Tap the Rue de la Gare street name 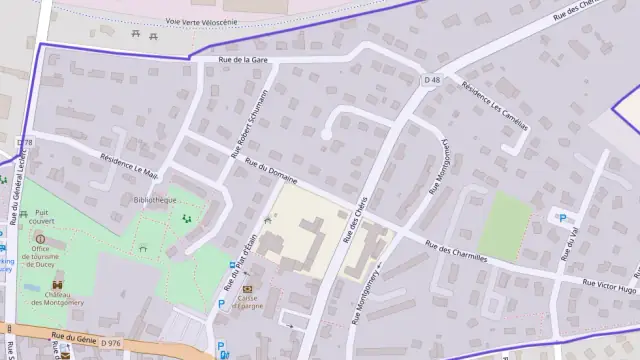245,59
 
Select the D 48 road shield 432,79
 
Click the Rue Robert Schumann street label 250,122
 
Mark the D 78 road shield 25,143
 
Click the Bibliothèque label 154,200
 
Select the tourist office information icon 40,239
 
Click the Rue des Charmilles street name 456,250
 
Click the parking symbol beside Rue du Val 562,219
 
